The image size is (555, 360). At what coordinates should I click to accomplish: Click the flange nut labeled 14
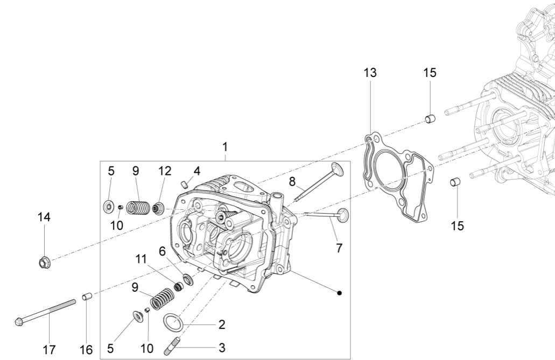point(45,263)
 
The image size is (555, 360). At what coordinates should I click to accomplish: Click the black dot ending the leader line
point(340,293)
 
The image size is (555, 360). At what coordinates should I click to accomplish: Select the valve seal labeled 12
point(158,207)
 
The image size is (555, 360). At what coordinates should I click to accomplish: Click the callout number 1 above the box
point(225,146)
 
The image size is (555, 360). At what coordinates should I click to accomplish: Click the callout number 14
point(44,217)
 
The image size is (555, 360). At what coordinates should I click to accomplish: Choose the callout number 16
point(86,349)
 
